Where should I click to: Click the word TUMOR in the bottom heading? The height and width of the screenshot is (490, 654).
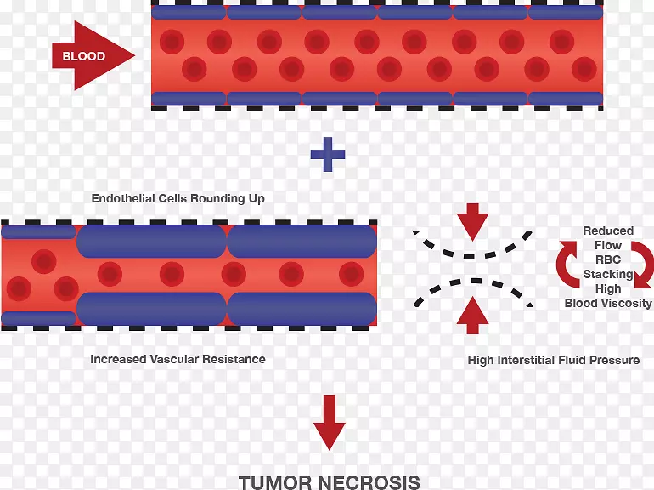tap(275, 482)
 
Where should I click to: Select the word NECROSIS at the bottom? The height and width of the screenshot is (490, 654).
tap(371, 482)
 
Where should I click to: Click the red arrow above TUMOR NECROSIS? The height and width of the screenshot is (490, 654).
tap(329, 422)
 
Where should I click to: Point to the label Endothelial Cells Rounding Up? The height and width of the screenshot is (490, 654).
tap(178, 198)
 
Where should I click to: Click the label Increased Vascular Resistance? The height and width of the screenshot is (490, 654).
tap(178, 359)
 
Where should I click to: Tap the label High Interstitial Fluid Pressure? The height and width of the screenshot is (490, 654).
tap(554, 360)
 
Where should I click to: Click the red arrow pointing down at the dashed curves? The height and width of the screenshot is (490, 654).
tap(472, 223)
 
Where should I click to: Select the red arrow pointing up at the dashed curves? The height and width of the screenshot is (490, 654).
tap(472, 316)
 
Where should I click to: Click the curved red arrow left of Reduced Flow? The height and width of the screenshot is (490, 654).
tap(567, 264)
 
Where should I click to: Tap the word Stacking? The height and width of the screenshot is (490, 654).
tap(607, 274)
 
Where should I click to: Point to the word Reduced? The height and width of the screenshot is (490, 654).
tap(608, 231)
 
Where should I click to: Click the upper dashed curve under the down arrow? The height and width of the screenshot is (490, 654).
tap(472, 251)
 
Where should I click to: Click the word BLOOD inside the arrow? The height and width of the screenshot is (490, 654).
tap(84, 57)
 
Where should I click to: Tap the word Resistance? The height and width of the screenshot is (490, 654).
tap(234, 359)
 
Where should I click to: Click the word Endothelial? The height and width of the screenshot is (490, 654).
tap(125, 198)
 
